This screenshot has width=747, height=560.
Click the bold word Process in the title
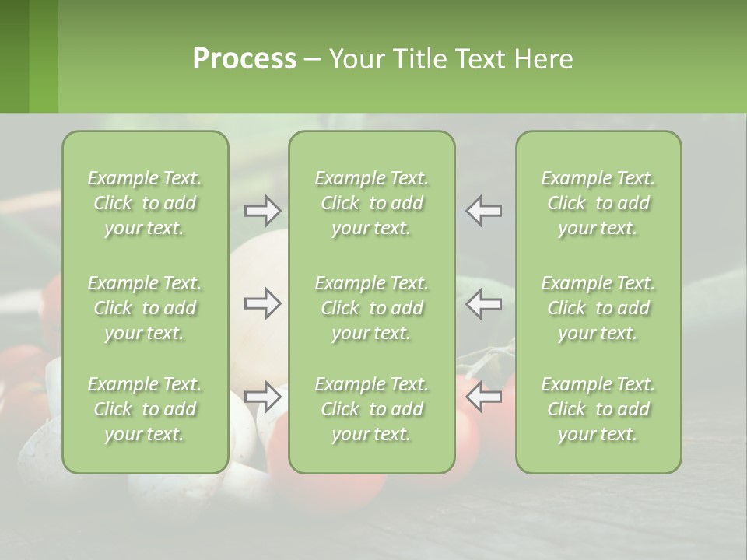coord(244,59)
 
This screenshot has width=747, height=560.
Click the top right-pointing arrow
coord(263,210)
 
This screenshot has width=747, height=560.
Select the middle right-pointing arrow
coord(263,303)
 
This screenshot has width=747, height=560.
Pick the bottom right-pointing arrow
coord(263,397)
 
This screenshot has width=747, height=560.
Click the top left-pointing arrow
coord(484,210)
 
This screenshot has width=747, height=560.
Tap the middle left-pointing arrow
coord(484,303)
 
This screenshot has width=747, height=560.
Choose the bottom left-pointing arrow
coord(484,397)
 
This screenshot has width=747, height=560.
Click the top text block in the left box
coord(145,203)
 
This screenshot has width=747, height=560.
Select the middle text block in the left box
coord(145,308)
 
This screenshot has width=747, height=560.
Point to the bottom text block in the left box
coord(145,409)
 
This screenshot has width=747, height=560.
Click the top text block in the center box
coord(372,203)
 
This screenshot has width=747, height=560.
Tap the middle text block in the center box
coord(372,308)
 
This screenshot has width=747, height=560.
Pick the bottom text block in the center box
coord(372,409)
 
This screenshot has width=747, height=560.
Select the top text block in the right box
coord(598,203)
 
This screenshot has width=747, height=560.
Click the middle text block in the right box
coord(598,308)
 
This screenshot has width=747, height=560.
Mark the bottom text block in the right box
coord(598,409)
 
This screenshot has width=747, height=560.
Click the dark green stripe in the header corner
coord(14,56)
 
